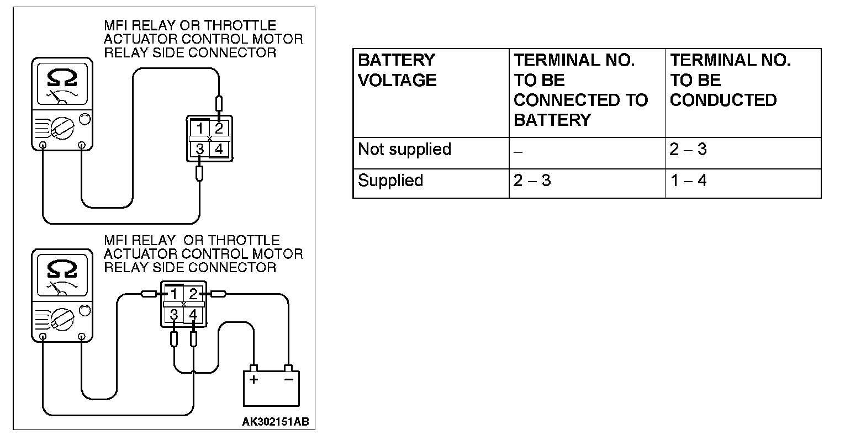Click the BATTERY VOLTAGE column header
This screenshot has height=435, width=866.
tap(397, 70)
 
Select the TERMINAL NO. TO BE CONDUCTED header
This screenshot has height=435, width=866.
tap(730, 80)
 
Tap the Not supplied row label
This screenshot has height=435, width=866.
tap(404, 150)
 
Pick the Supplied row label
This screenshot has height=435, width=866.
tap(390, 181)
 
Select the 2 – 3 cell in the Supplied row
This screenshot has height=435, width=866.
tap(532, 181)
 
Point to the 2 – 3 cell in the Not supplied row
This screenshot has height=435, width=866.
tap(688, 150)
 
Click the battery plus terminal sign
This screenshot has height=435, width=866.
tap(254, 379)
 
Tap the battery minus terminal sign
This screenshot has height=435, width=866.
tap(288, 379)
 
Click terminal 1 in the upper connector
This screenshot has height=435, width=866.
tap(200, 129)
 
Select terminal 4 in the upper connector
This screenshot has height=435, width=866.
tap(219, 148)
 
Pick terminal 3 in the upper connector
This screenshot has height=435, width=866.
tap(200, 148)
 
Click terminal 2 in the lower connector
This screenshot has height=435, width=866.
tap(193, 294)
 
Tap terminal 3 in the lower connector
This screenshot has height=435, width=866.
tap(174, 315)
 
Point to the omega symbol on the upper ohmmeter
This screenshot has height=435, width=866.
tap(62, 78)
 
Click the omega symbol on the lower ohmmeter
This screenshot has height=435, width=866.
tap(62, 269)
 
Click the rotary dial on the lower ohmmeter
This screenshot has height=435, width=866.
tap(62, 320)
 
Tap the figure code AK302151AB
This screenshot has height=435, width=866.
tap(275, 422)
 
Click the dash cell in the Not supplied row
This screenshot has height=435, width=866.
tap(518, 151)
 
